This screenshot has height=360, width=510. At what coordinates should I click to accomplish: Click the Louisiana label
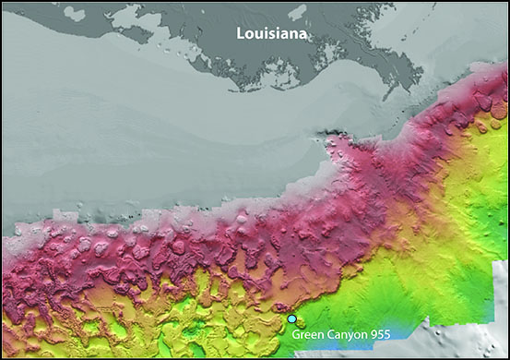(x=272, y=34)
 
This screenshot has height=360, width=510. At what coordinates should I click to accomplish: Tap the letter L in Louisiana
(x=240, y=34)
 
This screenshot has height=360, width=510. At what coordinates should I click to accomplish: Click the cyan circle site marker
(x=292, y=319)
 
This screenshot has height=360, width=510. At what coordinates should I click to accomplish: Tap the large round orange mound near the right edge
(x=498, y=109)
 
